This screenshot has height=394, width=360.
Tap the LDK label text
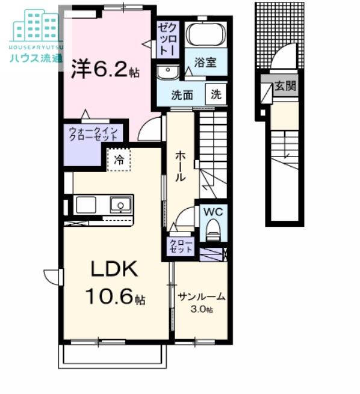(114, 269)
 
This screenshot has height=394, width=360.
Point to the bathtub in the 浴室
(206, 35)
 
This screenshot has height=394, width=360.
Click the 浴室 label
(205, 63)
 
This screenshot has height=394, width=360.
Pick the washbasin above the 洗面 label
(168, 72)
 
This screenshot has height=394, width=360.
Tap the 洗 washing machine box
(216, 94)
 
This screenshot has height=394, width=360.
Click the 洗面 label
(182, 95)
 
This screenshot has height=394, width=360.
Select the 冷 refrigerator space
(119, 160)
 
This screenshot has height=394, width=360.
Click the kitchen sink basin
(120, 205)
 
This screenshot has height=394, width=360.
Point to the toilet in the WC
(213, 230)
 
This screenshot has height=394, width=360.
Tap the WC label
(213, 212)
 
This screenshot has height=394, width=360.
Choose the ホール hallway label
(180, 166)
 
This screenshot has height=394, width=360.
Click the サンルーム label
(202, 297)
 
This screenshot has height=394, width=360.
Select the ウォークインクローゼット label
(93, 134)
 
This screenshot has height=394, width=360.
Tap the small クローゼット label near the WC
(181, 246)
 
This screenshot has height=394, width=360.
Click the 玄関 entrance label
(285, 86)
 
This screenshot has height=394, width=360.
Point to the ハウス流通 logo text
(36, 58)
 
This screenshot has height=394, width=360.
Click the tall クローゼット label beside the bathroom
(168, 38)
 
